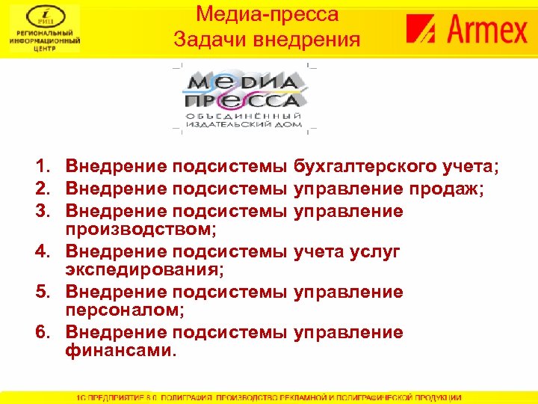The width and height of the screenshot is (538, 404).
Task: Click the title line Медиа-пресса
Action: tap(268, 14)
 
